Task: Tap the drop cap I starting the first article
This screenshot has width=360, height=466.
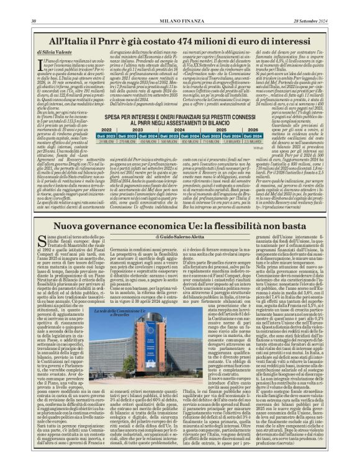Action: [41, 48]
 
